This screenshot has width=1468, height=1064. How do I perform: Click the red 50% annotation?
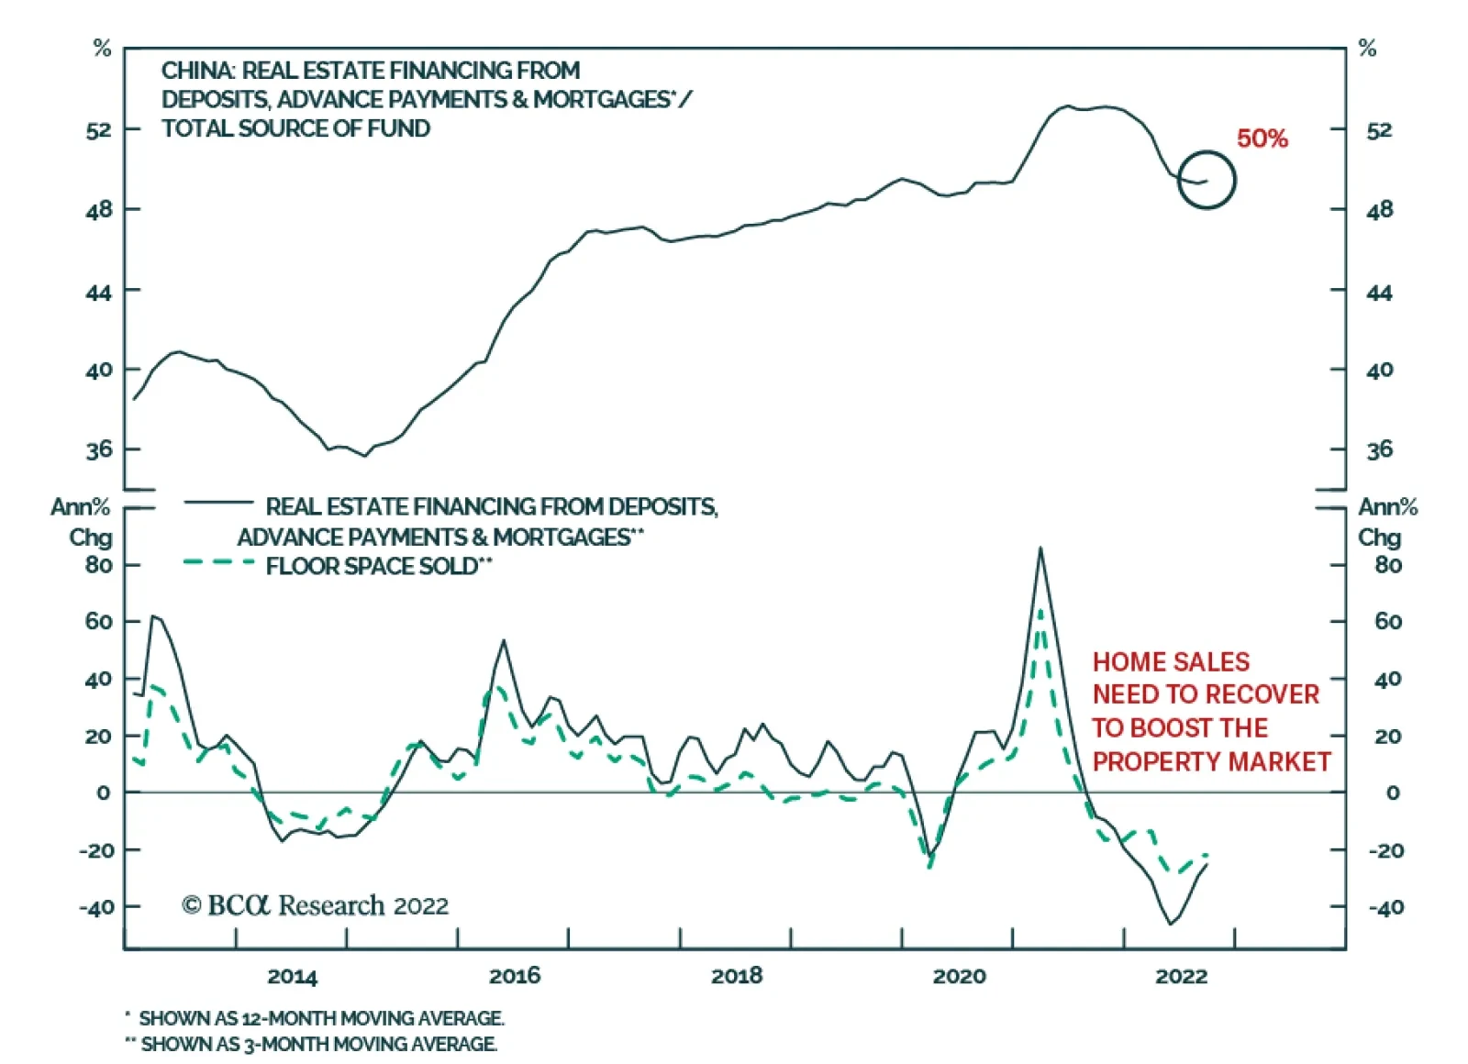click(x=1262, y=139)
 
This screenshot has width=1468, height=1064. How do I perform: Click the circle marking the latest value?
click(x=1207, y=180)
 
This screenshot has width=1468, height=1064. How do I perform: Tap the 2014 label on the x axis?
click(x=292, y=976)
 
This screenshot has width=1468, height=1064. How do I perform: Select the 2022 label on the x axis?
click(x=1181, y=976)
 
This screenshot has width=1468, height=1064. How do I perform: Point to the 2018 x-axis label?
click(x=737, y=976)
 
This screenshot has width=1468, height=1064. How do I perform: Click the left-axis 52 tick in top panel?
click(x=99, y=130)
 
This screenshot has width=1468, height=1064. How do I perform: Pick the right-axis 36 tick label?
click(x=1379, y=449)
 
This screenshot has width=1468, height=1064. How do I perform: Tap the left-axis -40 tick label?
click(x=96, y=907)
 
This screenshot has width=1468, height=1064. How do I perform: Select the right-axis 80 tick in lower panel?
click(x=1387, y=565)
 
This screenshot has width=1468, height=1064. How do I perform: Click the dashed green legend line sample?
click(x=218, y=562)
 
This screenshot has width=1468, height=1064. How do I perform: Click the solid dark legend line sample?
click(x=218, y=502)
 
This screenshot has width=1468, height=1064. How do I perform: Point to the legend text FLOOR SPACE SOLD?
click(x=373, y=566)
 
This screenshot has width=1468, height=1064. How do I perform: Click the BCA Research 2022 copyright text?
click(x=315, y=905)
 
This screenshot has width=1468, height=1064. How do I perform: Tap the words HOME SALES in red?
click(x=1171, y=662)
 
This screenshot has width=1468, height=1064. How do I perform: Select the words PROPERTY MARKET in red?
click(x=1211, y=761)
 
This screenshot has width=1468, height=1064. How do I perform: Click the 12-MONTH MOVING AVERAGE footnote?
click(x=321, y=1018)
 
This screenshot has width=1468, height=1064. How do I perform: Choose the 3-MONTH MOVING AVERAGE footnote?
click(x=319, y=1044)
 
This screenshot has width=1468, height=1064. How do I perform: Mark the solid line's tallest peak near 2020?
click(x=1040, y=549)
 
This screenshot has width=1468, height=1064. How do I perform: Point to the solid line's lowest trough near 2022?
click(x=1170, y=924)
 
